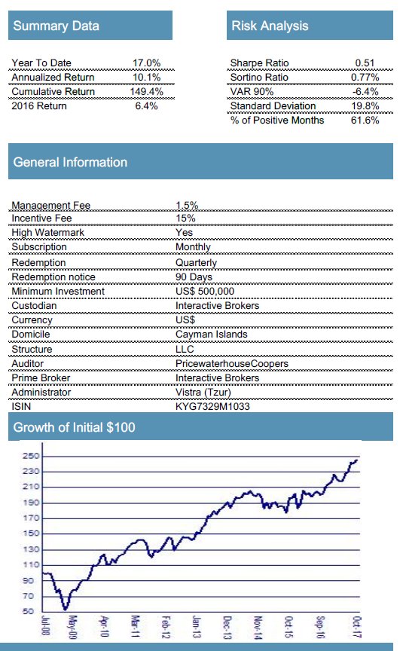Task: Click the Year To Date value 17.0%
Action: (x=146, y=63)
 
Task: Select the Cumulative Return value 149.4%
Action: (x=146, y=91)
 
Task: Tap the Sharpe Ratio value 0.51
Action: (x=365, y=63)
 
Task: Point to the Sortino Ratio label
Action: (x=259, y=77)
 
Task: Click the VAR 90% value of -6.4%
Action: (x=365, y=91)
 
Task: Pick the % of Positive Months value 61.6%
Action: (x=365, y=120)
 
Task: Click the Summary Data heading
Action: (x=56, y=26)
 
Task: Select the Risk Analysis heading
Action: (x=270, y=26)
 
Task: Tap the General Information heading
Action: (x=70, y=162)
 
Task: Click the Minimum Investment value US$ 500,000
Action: (x=205, y=291)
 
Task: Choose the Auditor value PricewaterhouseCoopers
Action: (x=232, y=363)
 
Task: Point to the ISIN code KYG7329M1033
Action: (x=212, y=406)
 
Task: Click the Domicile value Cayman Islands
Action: (x=211, y=335)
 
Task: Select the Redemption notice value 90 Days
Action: (x=194, y=277)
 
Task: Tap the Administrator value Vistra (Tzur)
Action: (x=203, y=392)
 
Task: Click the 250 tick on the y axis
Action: (x=31, y=456)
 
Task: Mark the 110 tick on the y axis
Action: (x=31, y=564)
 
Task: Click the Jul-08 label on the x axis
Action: (x=46, y=625)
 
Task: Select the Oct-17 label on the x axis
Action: (x=357, y=626)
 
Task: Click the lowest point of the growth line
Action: (x=65, y=610)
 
